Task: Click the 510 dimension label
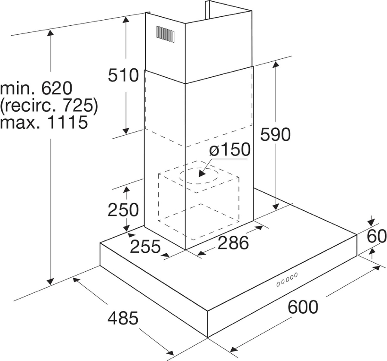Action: click(x=123, y=76)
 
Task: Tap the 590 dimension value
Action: click(x=276, y=135)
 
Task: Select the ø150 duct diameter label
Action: click(x=229, y=150)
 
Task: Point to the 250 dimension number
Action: click(x=123, y=210)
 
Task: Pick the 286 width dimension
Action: click(x=233, y=243)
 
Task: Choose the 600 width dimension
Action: click(x=303, y=307)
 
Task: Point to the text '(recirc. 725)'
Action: click(x=49, y=105)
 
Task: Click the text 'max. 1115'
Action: click(x=44, y=123)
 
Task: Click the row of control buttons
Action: click(x=287, y=279)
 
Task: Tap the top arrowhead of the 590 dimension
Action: click(x=275, y=64)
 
